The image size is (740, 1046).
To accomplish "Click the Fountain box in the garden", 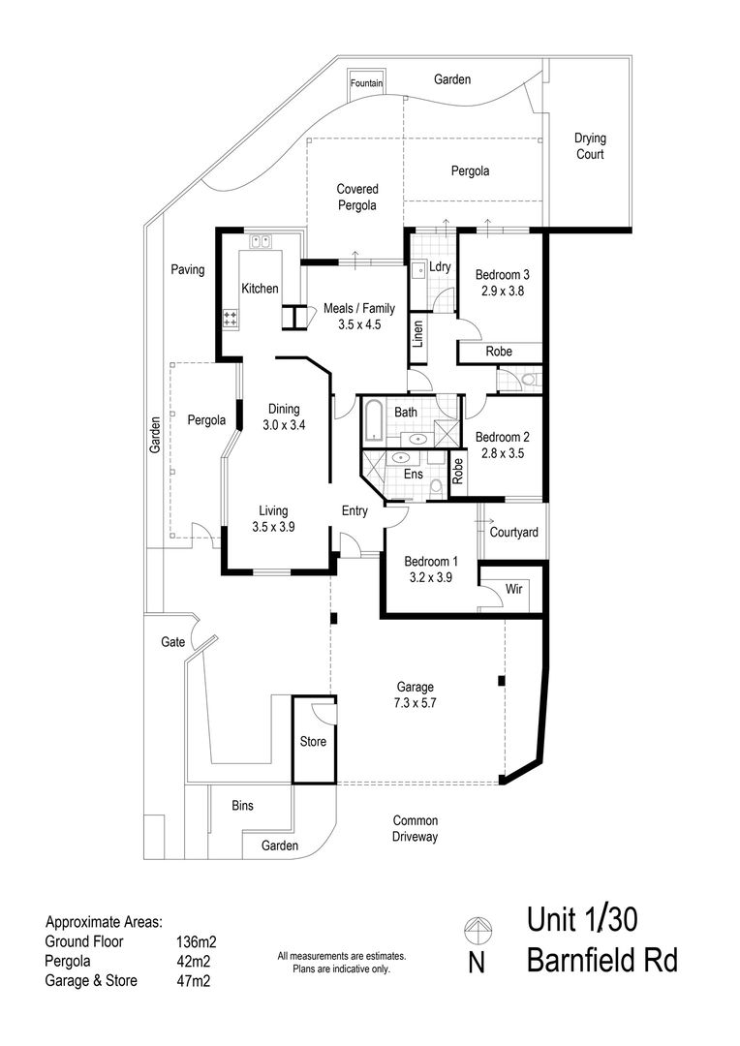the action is pos(366,84).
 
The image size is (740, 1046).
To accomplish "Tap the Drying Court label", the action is pos(590,146).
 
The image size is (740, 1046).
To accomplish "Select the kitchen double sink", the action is pos(260,241).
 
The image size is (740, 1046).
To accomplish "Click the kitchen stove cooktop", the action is pos(231,319).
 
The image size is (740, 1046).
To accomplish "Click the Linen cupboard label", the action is pos(418,334).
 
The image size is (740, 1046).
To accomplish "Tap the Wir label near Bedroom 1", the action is pos(513,589).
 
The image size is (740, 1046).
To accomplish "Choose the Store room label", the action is pos(313,741).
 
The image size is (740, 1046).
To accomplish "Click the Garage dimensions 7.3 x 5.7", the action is pos(416,702).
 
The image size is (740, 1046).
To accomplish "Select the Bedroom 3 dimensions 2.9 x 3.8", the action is pos(503,291).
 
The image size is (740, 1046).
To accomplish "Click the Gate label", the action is pos(172,642).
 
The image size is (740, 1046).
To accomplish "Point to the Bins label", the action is pos(243,805).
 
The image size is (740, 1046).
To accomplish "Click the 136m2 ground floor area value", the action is pos(197,942).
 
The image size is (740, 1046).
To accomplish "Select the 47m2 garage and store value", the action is pos(194,981).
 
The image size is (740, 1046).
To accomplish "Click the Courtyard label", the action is pos(513,533).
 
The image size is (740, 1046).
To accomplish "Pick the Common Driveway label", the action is pos(416,828).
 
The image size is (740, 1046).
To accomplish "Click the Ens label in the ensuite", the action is pos(414,474).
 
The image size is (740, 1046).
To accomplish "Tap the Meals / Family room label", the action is pos(359,308).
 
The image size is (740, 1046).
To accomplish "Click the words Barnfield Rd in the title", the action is pos(601,961).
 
